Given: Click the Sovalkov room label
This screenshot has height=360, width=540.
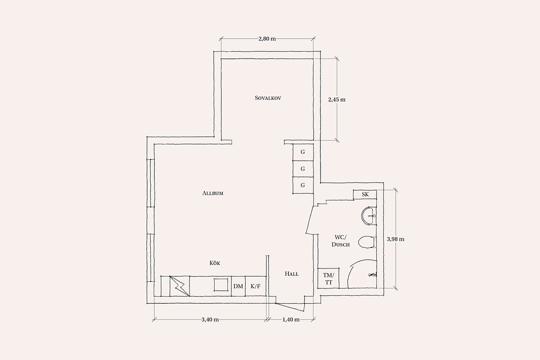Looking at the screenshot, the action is pos(268,98).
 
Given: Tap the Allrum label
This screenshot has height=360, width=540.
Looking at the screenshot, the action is pos(212,193).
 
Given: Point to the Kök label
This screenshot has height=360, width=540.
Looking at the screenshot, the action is pos(215,263).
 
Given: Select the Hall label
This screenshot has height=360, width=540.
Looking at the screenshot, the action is pos(292,274).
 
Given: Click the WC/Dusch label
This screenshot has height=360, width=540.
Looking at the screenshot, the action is pos(340,241).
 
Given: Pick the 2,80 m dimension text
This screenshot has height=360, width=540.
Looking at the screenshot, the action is pos(267,39).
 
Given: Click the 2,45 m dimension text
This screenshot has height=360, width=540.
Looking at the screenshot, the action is pos(337,99).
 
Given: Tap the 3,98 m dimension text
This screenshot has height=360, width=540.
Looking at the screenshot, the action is pos(396,239).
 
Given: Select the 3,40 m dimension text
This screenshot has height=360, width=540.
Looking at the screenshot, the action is pos(210,319).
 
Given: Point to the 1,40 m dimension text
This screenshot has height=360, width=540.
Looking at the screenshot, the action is pos(291,319).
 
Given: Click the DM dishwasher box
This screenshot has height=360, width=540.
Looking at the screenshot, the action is pos(238,286).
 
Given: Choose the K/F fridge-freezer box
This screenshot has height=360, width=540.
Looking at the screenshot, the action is pos(256,286).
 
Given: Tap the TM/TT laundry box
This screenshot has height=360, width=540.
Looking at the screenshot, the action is pos(328,278).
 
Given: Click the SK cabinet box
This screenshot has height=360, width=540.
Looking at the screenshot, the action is pos(365,194).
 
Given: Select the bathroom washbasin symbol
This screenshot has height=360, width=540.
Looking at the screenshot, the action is pos(369,216).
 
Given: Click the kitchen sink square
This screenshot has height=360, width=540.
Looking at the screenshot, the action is pos(221,284).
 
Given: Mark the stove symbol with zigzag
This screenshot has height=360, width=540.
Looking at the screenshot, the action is pos(180,286).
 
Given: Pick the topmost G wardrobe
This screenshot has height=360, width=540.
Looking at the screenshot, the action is pos(303,153).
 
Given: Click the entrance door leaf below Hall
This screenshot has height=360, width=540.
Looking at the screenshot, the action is pos(290,307).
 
